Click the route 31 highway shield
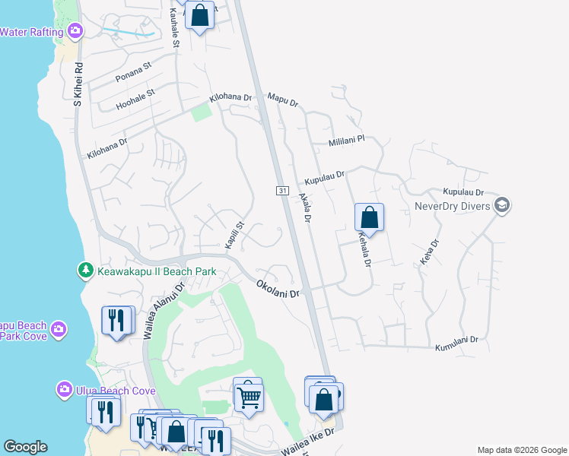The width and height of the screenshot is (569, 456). tap(282, 190)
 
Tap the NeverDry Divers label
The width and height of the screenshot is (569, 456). tap(453, 205)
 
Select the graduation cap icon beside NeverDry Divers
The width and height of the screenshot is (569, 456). tap(501, 205)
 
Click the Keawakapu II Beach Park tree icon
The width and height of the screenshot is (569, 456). tap(87, 271)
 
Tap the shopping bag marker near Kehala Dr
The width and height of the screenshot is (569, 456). tap(369, 217)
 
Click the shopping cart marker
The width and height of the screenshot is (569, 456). tap(248, 395)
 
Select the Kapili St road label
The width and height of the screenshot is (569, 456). tap(233, 235)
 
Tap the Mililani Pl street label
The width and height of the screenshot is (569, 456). tap(347, 141)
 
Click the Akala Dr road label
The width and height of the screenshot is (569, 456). tap(305, 207)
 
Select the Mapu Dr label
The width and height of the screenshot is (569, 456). tap(283, 100)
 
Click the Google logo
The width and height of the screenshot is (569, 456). tap(25, 447)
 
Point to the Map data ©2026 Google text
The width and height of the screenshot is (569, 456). tap(521, 450)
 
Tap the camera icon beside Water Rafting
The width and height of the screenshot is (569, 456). tap(75, 31)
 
